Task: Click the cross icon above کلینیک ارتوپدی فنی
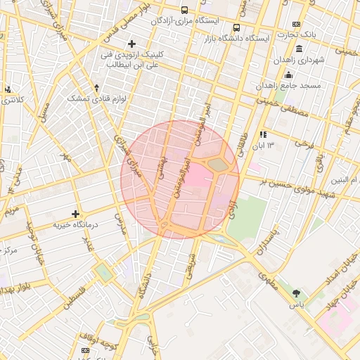tap(131, 44)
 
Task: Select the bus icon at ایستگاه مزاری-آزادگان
tap(184, 11)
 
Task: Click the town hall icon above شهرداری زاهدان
tap(300, 49)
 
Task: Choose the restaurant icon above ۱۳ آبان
tap(263, 134)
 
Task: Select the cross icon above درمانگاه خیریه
tap(76, 214)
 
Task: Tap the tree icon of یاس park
tap(297, 293)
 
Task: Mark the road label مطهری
tap(269, 281)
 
